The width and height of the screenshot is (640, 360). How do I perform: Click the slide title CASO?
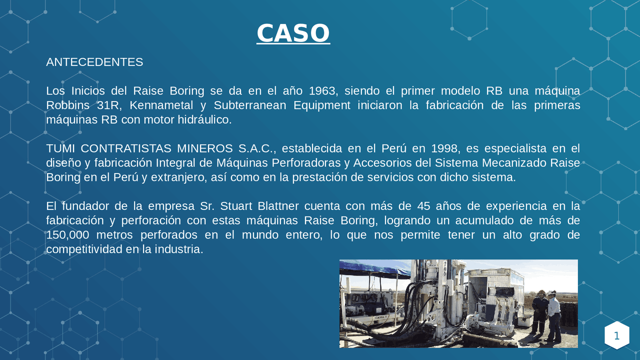pyautogui.click(x=293, y=33)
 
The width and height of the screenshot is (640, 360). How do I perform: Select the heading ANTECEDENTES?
pyautogui.click(x=94, y=62)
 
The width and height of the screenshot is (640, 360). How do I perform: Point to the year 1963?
pyautogui.click(x=323, y=91)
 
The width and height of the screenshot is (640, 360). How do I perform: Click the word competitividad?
pyautogui.click(x=84, y=249)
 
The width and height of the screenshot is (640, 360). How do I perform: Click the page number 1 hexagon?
pyautogui.click(x=616, y=335)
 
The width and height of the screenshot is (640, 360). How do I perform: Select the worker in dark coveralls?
pyautogui.click(x=538, y=312)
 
